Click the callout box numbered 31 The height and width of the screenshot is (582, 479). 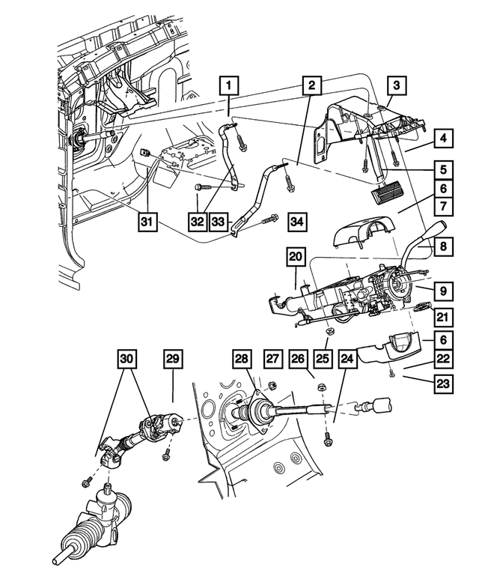[147, 222]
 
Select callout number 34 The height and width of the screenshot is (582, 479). [298, 222]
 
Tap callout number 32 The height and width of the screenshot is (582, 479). [198, 222]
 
